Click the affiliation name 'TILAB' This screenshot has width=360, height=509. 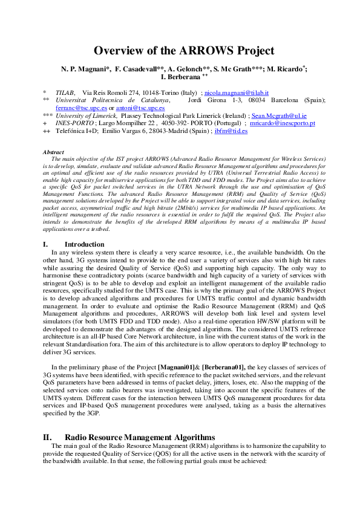pyautogui.click(x=65, y=92)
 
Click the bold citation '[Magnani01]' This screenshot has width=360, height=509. pyautogui.click(x=177, y=367)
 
